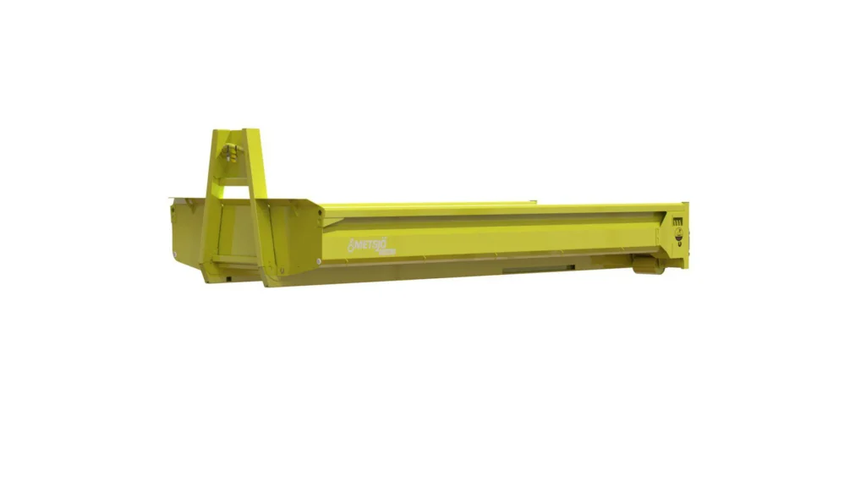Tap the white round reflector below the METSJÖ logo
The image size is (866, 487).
(319, 261)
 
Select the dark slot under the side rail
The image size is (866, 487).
(524, 271)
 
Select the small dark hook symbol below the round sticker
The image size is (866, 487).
(678, 252)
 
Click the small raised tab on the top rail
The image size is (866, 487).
(534, 201)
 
